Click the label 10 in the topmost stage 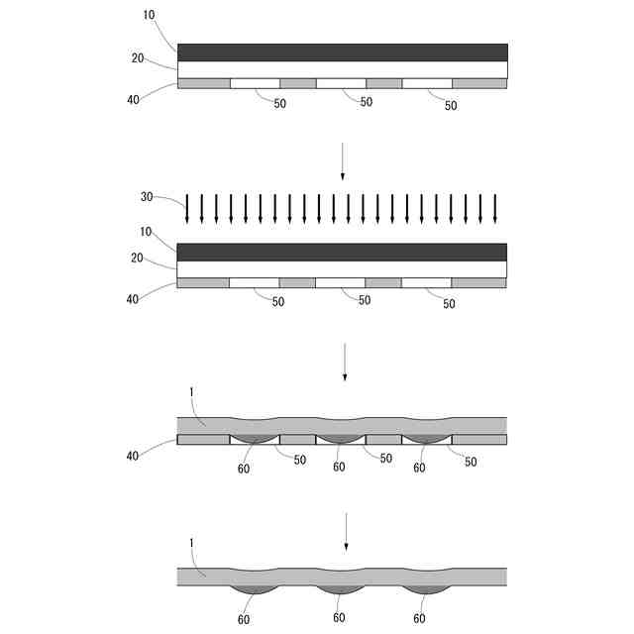150,15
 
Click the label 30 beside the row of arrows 147,197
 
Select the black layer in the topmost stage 343,53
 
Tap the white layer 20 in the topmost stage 343,70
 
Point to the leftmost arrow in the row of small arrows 187,209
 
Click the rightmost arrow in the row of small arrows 495,209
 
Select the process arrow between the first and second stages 343,160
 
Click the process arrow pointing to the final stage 346,532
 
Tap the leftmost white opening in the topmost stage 256,83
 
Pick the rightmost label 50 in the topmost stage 451,106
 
